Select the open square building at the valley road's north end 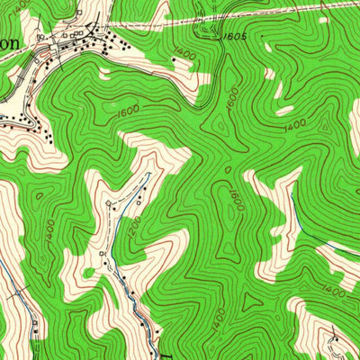(x=109, y=204)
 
